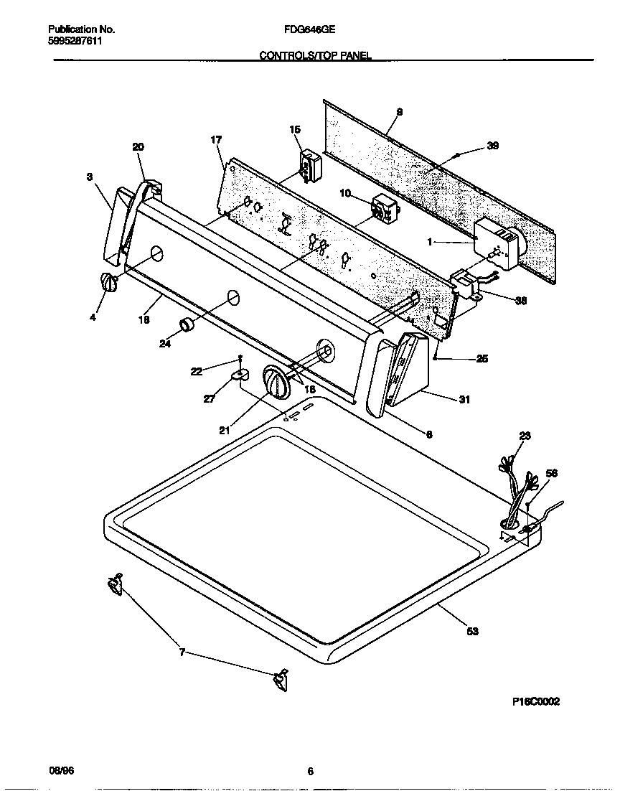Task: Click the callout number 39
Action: tap(492, 146)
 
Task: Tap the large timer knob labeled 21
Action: tap(276, 380)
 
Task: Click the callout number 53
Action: tap(472, 631)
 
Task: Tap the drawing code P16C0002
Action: tap(535, 702)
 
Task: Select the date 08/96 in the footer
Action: tap(61, 771)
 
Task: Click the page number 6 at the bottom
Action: tap(310, 772)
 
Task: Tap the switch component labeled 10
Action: tap(384, 209)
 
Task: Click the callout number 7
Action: tap(182, 652)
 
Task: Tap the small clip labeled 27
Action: tap(240, 374)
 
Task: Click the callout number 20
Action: tap(138, 146)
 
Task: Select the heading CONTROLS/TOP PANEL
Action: tap(315, 55)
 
